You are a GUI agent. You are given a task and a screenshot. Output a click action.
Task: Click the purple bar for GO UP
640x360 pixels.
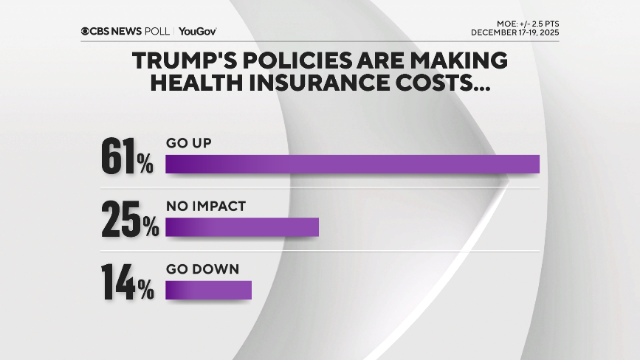(352, 164)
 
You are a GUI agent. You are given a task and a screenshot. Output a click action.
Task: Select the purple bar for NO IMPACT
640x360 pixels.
(241, 227)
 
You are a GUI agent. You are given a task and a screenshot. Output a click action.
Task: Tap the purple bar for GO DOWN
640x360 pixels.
(208, 290)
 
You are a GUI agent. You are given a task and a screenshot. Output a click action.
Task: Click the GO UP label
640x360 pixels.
(188, 143)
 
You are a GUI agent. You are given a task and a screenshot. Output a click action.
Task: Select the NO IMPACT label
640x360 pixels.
(205, 207)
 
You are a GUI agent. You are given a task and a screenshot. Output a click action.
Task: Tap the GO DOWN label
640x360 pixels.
(202, 269)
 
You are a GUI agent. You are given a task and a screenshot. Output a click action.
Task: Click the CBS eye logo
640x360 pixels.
(86, 31)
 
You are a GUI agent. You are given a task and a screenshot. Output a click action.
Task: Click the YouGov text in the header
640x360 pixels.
(197, 31)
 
